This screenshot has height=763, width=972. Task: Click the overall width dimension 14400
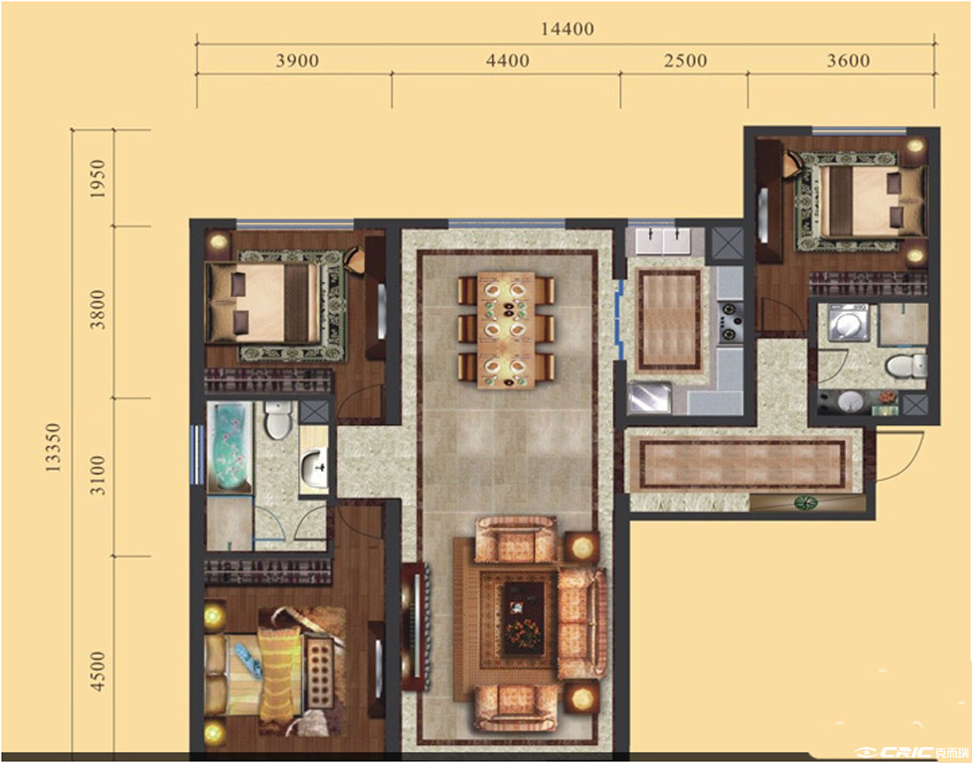[x=567, y=29]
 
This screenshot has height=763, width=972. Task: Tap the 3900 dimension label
[x=297, y=61]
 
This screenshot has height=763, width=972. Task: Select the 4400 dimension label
[x=508, y=61]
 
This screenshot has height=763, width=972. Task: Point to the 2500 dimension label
[x=685, y=61]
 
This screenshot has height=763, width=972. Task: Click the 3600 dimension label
[x=849, y=61]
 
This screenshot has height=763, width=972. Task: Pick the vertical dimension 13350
[x=54, y=447]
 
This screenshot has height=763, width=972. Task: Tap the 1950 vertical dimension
[x=97, y=179]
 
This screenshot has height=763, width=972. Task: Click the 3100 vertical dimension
[x=97, y=476]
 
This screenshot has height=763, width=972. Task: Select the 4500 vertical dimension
[x=97, y=672]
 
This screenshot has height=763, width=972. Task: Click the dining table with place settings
[x=506, y=331]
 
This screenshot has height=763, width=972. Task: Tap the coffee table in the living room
[x=523, y=619]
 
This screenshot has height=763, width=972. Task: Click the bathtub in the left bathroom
[x=230, y=447]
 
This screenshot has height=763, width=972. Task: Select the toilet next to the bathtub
[x=278, y=419]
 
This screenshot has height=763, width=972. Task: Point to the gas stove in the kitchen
[x=729, y=321]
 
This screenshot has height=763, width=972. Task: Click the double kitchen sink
[x=664, y=241]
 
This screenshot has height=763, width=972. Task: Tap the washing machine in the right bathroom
[x=850, y=322]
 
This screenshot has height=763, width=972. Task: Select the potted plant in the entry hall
[x=805, y=502]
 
